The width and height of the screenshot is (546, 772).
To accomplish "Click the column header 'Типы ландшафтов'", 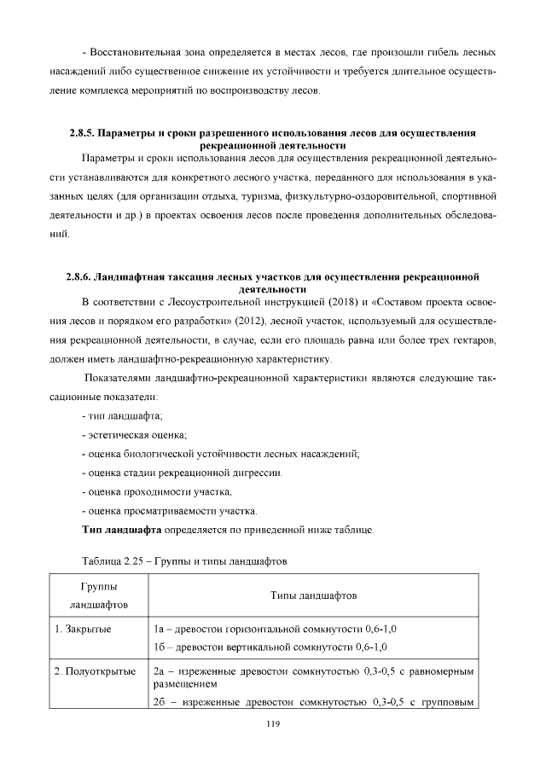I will coord(313,595).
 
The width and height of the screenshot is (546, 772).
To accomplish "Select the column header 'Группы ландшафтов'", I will coord(99,595).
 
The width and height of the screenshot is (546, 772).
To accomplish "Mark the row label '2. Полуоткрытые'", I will coord(95,671).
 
